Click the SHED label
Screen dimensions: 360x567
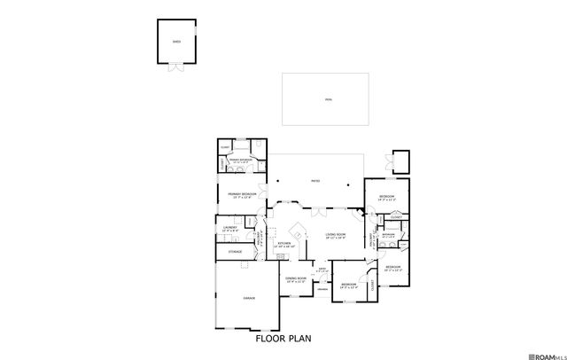coord(177,41)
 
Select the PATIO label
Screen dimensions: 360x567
coord(315,182)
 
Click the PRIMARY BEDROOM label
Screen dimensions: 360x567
coord(242,194)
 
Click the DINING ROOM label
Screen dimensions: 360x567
coord(296,279)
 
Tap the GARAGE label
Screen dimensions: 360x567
coord(248,299)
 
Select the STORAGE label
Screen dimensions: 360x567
coord(235,252)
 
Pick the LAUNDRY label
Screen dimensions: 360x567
coord(229,230)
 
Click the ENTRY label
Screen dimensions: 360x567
coord(323,269)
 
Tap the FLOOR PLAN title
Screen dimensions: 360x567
coord(283,338)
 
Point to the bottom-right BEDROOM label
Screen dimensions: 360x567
coord(393,267)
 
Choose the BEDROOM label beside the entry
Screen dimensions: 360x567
coord(348,285)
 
